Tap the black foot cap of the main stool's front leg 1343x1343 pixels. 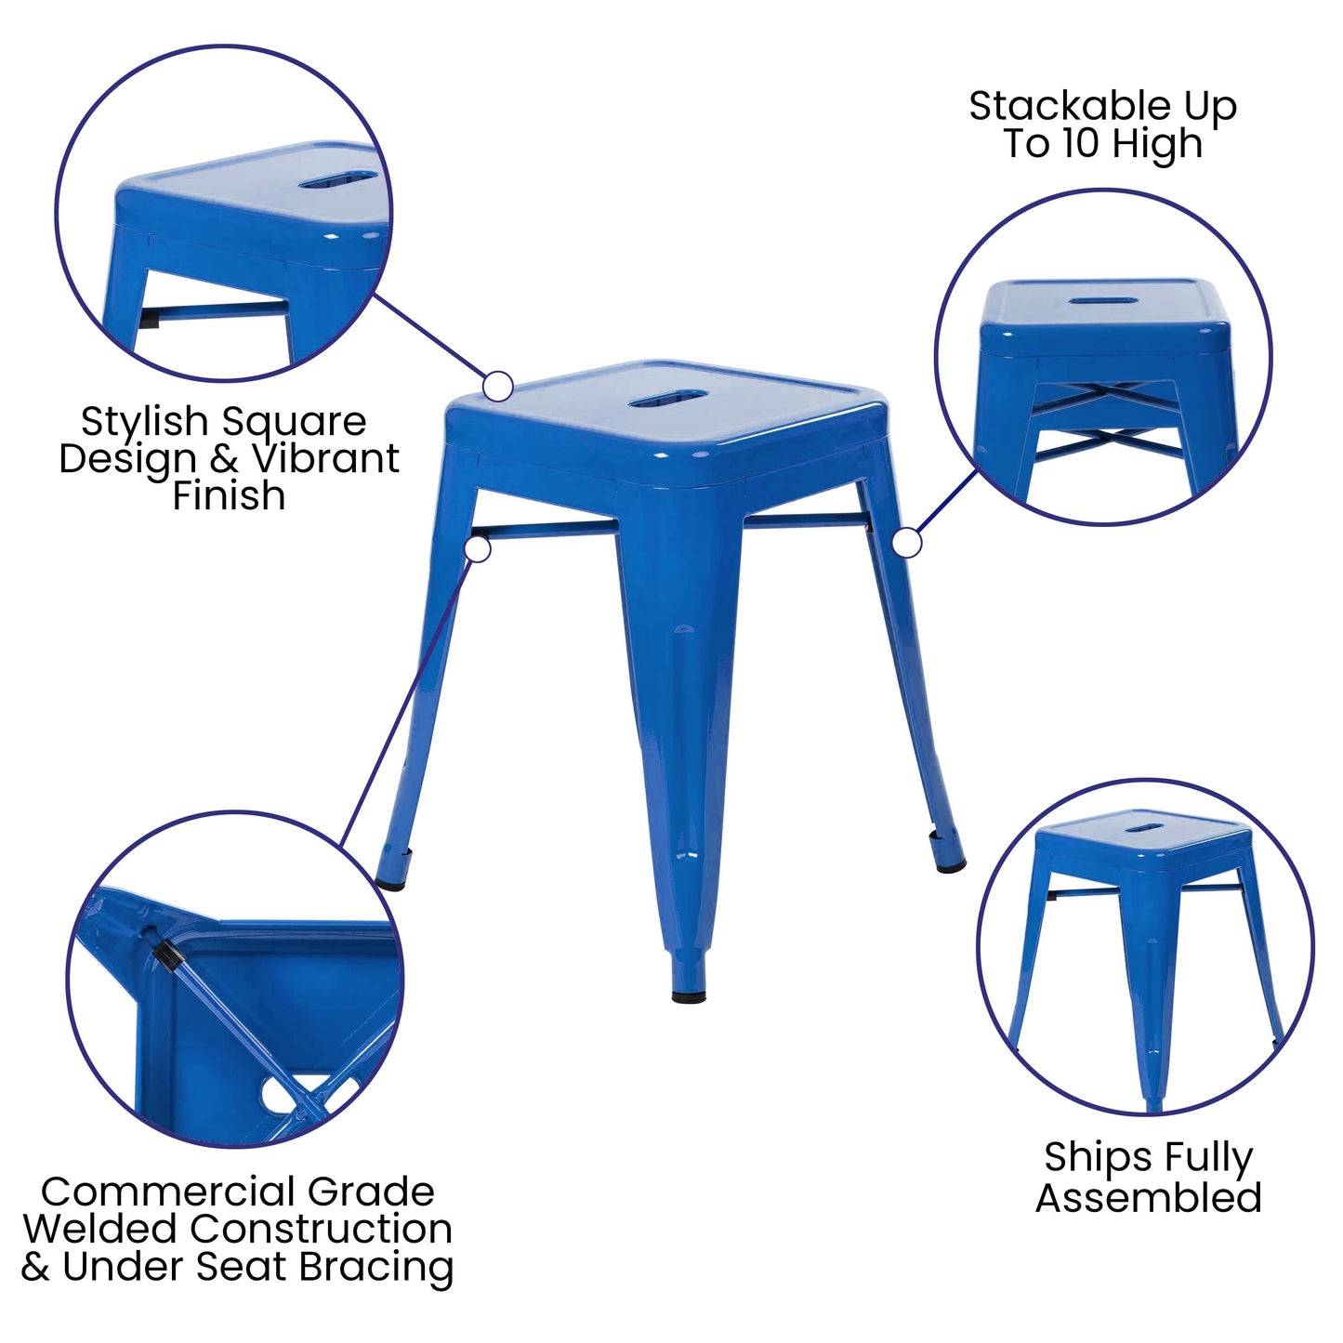coord(689,996)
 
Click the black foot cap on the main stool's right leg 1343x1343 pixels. coord(950,865)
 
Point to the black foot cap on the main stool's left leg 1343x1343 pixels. coord(391,882)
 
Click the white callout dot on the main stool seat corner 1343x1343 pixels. coord(498,386)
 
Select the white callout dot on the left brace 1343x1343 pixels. coord(478,549)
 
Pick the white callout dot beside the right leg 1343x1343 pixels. coord(906,543)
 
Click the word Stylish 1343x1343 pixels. coord(143,423)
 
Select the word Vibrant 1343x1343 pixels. coord(326,459)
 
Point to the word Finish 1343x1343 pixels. coord(229,496)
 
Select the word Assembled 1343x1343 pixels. coord(1149,1198)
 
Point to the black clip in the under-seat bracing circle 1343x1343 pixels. coord(165,954)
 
